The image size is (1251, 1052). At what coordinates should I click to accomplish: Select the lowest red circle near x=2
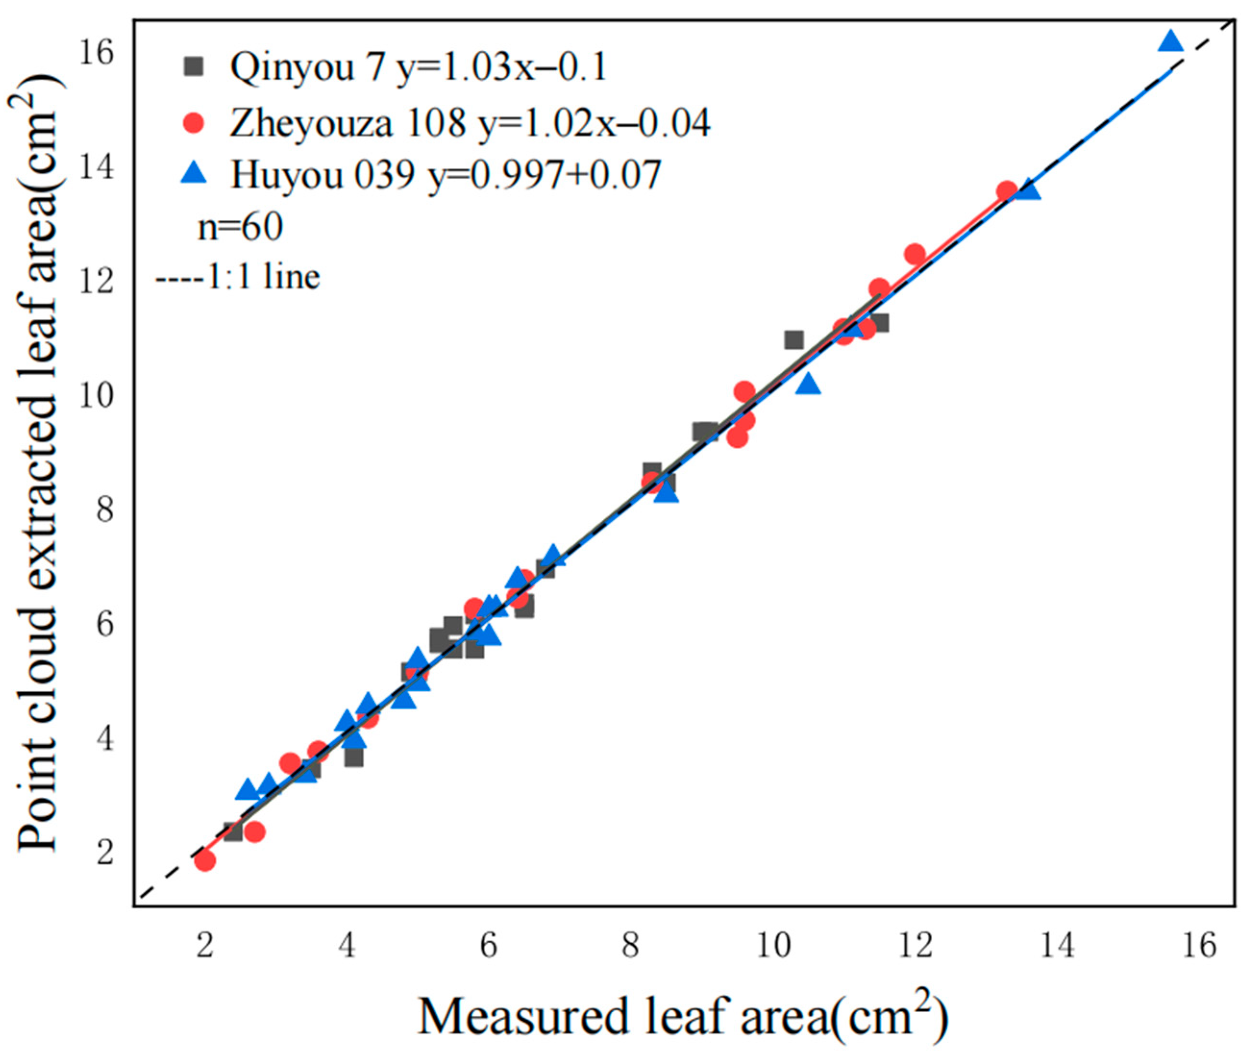[205, 860]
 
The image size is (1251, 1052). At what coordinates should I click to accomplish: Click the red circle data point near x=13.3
[1007, 192]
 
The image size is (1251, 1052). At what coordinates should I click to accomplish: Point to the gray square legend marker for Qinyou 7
[193, 66]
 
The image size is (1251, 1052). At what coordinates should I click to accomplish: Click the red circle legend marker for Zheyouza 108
[193, 123]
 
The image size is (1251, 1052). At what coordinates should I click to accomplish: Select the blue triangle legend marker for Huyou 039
[193, 175]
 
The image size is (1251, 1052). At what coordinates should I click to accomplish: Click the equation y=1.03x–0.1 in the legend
[501, 67]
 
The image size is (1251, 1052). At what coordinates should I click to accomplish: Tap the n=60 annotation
[240, 227]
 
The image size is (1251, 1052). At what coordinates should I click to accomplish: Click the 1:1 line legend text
[238, 277]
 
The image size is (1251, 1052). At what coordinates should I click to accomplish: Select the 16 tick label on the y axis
[97, 54]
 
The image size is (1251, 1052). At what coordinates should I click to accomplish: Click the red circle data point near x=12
[915, 255]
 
